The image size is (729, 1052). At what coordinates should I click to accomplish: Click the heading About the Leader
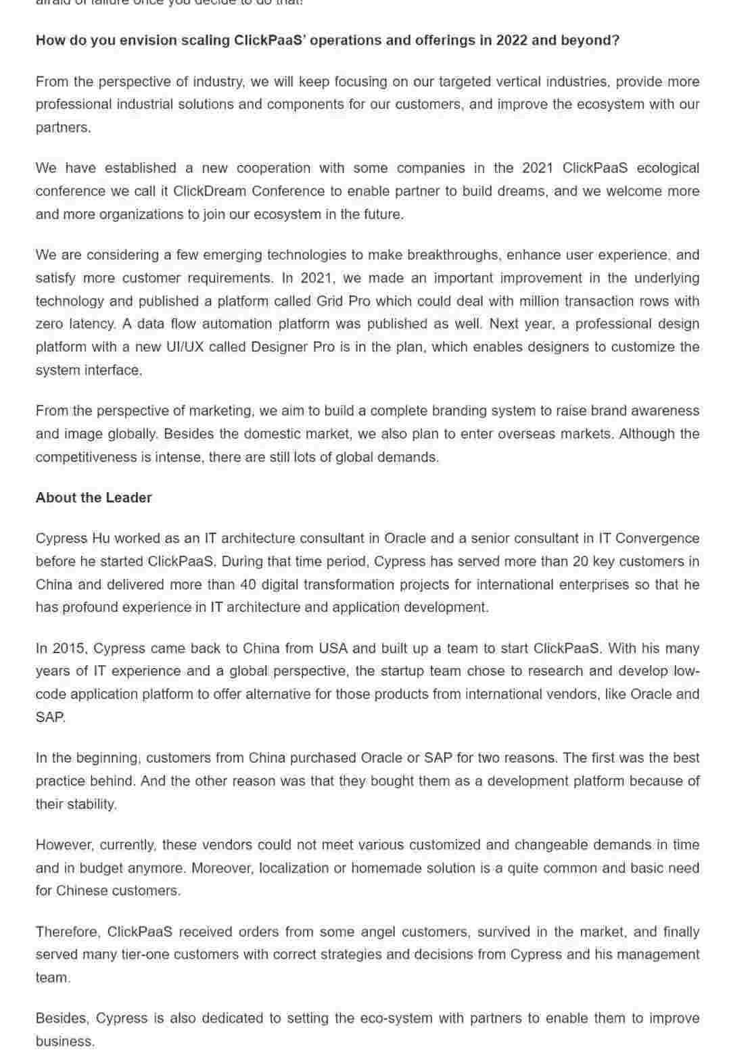pyautogui.click(x=93, y=498)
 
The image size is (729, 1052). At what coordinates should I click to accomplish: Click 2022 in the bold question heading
pyautogui.click(x=511, y=40)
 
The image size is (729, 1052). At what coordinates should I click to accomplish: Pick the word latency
pyautogui.click(x=89, y=324)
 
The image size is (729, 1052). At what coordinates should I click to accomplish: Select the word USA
pyautogui.click(x=333, y=648)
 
